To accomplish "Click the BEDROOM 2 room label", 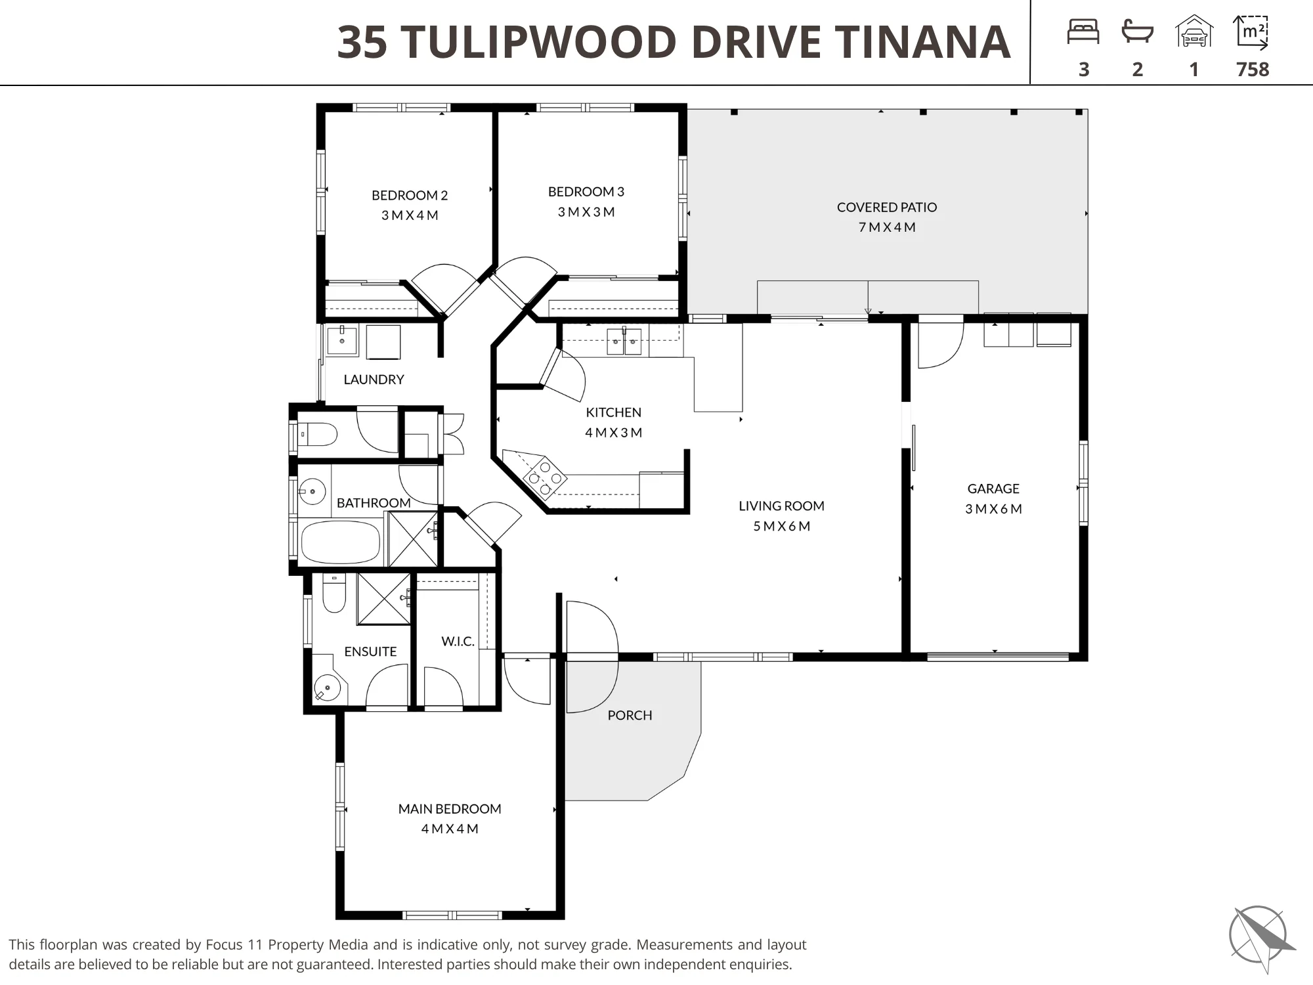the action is tap(410, 195).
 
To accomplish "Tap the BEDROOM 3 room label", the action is tap(586, 192).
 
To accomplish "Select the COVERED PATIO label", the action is tap(887, 207).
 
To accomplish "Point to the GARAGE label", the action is tap(993, 489).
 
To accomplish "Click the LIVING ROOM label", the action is tap(781, 506).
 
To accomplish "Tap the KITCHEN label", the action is tap(613, 412).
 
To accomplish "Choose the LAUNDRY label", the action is tap(374, 380).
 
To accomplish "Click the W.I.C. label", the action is tap(458, 641).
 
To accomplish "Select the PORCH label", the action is tap(630, 715).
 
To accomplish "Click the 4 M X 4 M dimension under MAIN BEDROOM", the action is tap(450, 829).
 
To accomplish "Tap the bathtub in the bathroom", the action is tap(340, 542).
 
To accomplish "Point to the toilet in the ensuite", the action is tap(334, 593).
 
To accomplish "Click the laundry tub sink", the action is tap(341, 341).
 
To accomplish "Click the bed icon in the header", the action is tap(1083, 32).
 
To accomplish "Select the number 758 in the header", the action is tap(1253, 70).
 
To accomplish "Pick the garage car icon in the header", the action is tap(1194, 32).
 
